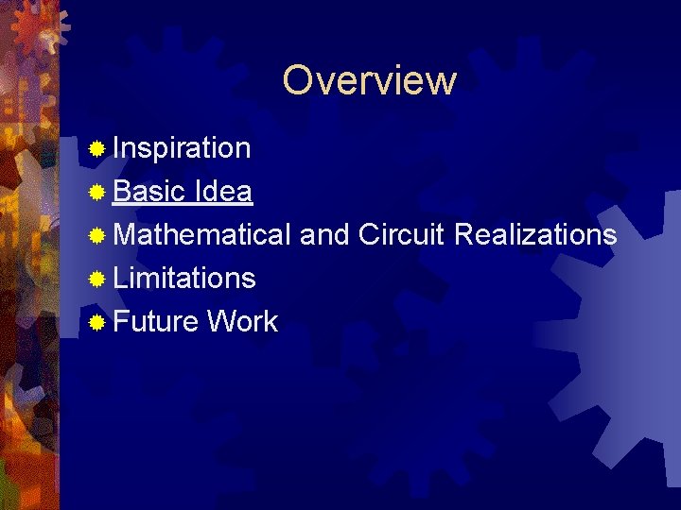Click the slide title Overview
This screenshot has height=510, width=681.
tap(369, 80)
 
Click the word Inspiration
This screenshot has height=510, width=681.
tap(182, 148)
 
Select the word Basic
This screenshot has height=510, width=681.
tap(148, 192)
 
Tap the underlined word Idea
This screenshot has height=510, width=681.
tap(222, 192)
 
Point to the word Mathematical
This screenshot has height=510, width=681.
tap(201, 234)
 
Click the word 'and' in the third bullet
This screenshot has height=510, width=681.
tap(324, 234)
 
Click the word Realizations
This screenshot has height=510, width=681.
tap(535, 234)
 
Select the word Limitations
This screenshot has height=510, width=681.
tap(184, 278)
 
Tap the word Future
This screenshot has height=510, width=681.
tap(156, 321)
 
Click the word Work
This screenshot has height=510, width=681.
tap(242, 321)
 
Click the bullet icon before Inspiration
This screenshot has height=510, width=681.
tap(96, 149)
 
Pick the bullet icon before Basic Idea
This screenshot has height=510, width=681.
tap(96, 193)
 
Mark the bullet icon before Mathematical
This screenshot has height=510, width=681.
tap(96, 235)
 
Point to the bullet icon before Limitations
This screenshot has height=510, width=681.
tap(96, 279)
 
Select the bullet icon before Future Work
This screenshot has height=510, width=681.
tap(96, 322)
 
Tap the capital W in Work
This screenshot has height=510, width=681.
tap(221, 321)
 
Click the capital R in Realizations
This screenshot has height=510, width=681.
tap(464, 234)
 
